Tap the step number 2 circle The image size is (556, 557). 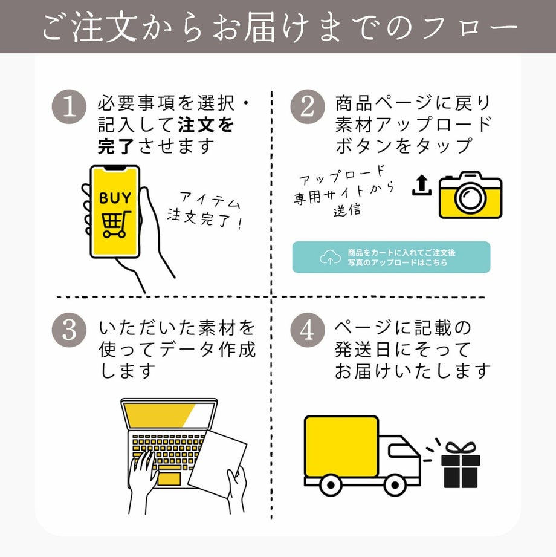[x=308, y=108]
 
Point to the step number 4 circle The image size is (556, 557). [x=308, y=331]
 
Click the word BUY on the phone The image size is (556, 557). [x=114, y=198]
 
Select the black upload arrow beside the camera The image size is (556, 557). [x=421, y=186]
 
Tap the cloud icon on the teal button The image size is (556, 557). [x=330, y=258]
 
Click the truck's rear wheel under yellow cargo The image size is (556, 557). [x=330, y=484]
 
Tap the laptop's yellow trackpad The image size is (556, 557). [x=169, y=479]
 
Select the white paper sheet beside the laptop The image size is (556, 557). [x=218, y=460]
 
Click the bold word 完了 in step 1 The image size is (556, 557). [x=117, y=146]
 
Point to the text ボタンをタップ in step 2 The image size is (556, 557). [x=404, y=146]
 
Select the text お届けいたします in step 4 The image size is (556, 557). [x=412, y=370]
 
